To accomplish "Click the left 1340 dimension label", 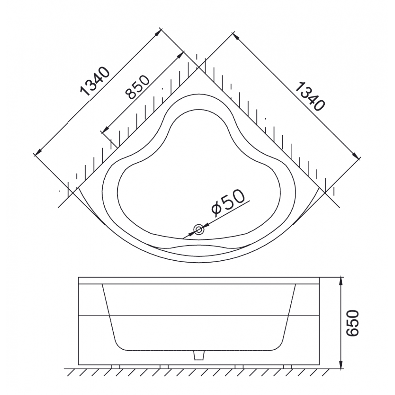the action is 95,82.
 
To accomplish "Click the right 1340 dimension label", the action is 309,96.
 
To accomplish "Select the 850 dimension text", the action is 137,87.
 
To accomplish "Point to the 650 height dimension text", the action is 352,323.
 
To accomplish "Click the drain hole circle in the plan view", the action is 199,229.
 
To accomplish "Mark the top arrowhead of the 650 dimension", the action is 341,280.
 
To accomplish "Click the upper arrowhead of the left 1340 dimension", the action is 158,33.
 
